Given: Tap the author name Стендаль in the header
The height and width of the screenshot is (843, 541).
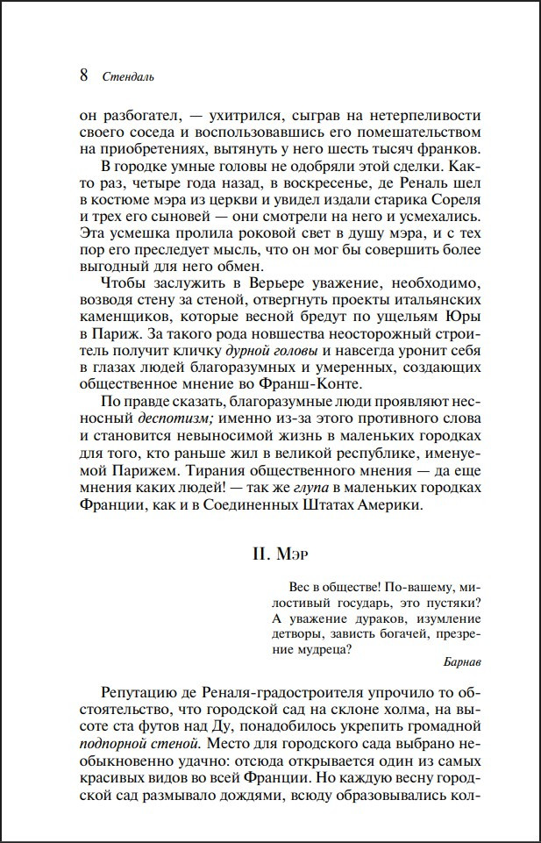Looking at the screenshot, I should [129, 76].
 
